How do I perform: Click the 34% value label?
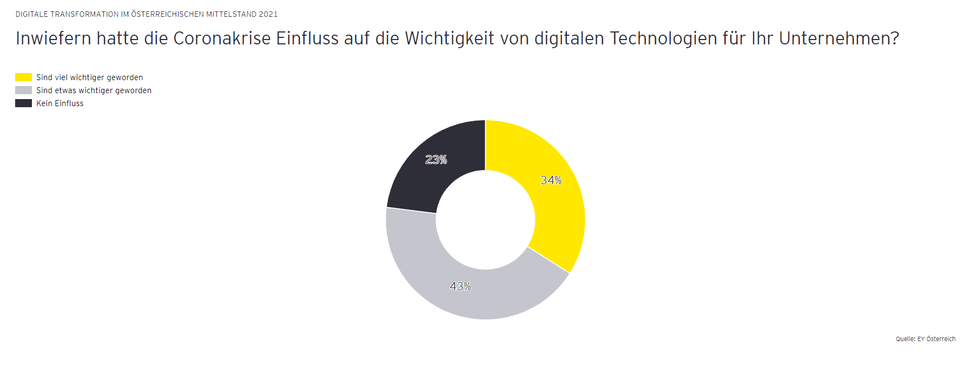click(x=551, y=180)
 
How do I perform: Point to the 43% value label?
click(x=460, y=286)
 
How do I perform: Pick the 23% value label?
click(x=436, y=160)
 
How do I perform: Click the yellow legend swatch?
click(x=23, y=77)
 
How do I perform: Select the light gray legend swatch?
click(x=23, y=90)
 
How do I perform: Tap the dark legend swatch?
click(x=23, y=103)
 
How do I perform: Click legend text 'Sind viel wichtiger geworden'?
click(x=89, y=77)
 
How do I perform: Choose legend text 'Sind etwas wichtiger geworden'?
click(x=94, y=90)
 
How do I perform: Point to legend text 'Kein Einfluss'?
click(x=60, y=103)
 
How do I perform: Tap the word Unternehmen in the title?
click(x=838, y=38)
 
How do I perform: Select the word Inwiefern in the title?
click(x=53, y=38)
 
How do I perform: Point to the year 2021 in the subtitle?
click(x=268, y=14)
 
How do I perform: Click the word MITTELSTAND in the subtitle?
click(x=231, y=14)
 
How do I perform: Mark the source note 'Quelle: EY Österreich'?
click(x=925, y=339)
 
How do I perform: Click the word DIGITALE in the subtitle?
click(x=31, y=14)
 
